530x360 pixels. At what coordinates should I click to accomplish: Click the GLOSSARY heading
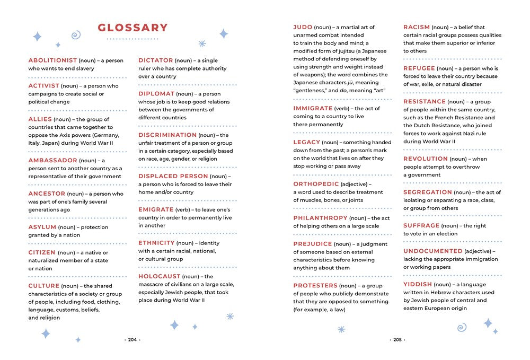click(x=132, y=28)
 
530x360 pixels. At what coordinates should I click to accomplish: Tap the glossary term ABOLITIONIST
click(x=52, y=60)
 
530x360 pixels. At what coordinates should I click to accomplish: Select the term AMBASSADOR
click(x=52, y=160)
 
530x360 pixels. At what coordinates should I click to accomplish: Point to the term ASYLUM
click(x=42, y=227)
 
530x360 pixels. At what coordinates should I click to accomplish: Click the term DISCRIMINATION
click(x=167, y=135)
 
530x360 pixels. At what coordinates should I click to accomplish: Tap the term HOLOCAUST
click(x=160, y=276)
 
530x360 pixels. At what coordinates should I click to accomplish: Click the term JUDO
click(x=303, y=27)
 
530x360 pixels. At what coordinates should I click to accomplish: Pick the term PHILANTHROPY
click(x=321, y=218)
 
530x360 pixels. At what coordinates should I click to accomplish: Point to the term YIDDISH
click(x=418, y=284)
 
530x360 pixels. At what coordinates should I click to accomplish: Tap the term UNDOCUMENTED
click(x=433, y=251)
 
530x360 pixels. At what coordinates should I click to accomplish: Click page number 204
click(x=132, y=340)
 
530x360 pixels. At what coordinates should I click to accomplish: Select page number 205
click(x=397, y=340)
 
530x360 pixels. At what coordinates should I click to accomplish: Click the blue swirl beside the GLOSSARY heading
click(x=76, y=36)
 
